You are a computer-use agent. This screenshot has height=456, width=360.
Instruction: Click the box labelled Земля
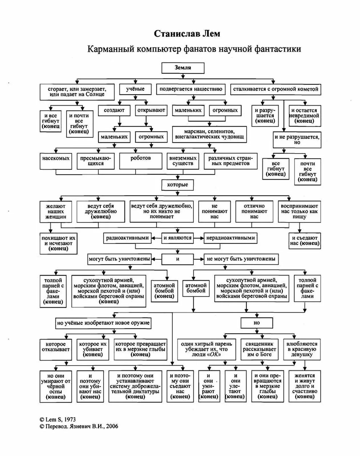coord(183,68)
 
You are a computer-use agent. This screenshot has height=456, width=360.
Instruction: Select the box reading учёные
coord(135,89)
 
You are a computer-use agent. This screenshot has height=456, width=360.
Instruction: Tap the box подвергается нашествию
coord(191,89)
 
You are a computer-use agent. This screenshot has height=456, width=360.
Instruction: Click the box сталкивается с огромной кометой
coord(275,89)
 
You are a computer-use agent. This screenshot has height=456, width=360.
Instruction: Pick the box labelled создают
coord(114,110)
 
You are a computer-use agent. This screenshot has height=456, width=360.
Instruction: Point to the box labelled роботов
coord(141,161)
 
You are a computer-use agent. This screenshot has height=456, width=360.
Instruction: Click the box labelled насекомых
coord(56,161)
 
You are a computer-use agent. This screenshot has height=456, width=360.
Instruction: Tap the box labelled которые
coord(177,185)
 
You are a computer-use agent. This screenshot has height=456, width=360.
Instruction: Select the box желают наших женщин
coord(56,211)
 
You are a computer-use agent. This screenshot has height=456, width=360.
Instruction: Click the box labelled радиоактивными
coord(127,238)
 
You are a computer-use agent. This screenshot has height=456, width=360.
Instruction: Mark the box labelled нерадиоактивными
coord(230,238)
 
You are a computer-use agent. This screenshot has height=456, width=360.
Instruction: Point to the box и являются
coord(177,238)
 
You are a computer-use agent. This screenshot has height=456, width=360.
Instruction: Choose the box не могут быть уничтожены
coord(241,259)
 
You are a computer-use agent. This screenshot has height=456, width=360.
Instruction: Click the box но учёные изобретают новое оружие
coord(103,323)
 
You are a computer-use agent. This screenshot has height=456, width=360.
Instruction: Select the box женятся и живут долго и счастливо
coord(304,386)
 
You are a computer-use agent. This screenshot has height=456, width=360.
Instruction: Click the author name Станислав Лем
coord(187,34)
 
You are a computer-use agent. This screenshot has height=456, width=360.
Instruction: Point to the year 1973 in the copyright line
coord(70,419)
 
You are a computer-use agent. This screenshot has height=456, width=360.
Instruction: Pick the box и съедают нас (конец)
coord(304,241)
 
